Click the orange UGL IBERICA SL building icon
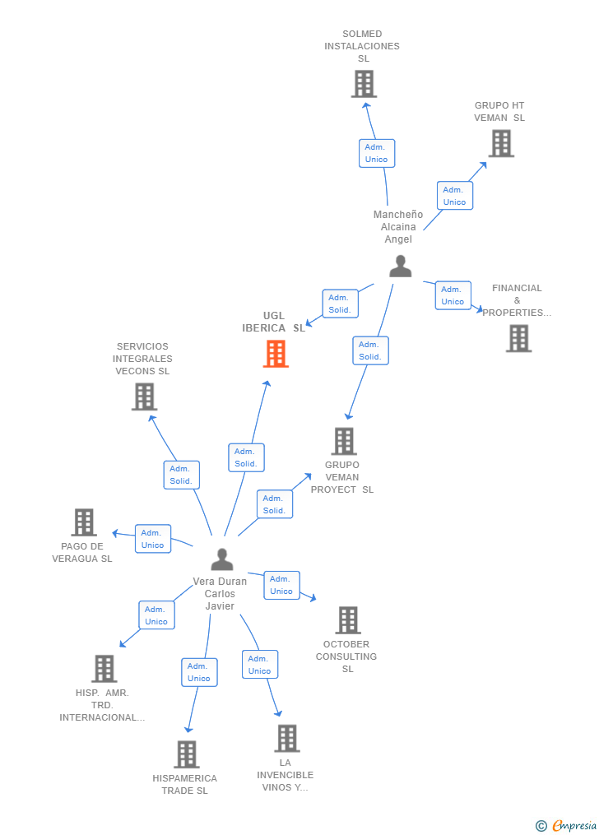point(276,354)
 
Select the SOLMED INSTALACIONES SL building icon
point(364,84)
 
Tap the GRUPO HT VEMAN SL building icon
point(500,143)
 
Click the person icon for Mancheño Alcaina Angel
point(401,267)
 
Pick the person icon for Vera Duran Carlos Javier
point(222,559)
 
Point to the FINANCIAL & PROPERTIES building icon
point(518,338)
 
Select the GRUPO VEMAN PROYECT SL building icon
point(344,441)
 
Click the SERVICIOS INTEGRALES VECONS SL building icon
point(144,397)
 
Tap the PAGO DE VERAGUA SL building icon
point(84,522)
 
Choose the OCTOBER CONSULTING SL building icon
point(348,620)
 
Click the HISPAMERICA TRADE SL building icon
point(187,754)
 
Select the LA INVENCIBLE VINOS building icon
point(286,739)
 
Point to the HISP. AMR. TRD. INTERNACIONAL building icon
point(104,669)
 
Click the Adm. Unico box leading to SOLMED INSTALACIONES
point(376,153)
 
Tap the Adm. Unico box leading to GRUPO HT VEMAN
point(454,196)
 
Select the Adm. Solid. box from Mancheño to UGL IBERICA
point(340,304)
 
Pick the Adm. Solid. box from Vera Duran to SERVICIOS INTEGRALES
point(181,475)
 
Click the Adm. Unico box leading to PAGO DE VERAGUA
point(152,539)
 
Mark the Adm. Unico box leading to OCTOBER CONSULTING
point(281,585)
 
